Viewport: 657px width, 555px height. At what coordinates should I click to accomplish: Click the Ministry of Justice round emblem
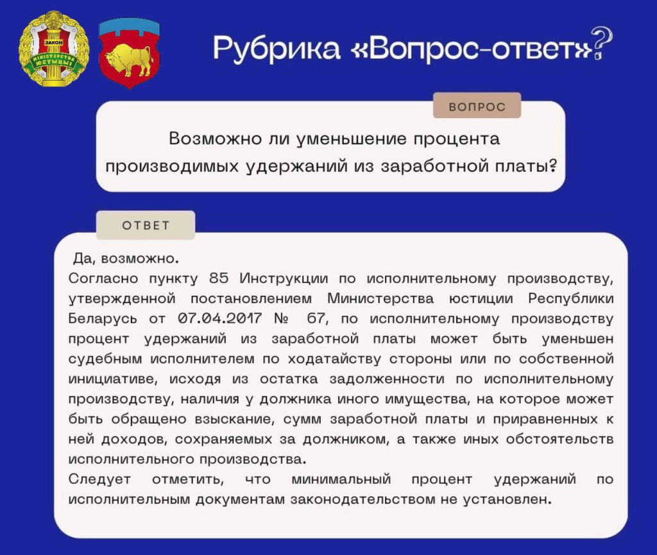54,49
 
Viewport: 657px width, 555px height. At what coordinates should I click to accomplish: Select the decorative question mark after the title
602,43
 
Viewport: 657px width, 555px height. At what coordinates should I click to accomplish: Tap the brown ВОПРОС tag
477,107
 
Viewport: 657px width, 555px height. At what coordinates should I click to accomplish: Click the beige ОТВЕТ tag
146,225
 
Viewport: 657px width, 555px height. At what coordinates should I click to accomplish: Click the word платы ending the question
526,166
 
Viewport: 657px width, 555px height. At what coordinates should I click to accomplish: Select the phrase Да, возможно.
126,259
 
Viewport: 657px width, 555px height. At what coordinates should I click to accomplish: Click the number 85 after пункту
219,278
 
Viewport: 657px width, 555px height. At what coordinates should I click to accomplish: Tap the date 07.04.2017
220,318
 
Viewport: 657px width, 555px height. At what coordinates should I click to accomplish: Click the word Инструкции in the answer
284,278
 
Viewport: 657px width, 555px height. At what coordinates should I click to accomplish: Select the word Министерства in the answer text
380,298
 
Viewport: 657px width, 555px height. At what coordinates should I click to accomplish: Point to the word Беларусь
103,319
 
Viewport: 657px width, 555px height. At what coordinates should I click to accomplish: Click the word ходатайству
334,359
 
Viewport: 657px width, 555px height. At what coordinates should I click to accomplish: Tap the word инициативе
113,379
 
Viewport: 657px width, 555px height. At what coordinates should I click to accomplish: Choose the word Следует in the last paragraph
99,479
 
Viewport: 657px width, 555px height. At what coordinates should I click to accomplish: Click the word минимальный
341,479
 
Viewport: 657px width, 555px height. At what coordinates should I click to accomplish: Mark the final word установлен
507,499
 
